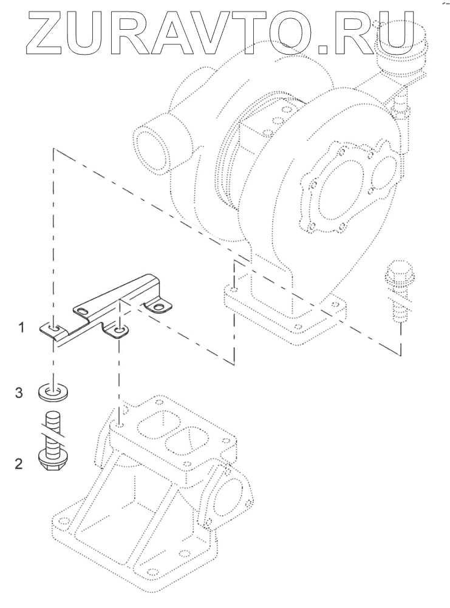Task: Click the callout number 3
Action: [19, 393]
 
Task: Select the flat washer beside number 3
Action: [53, 391]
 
